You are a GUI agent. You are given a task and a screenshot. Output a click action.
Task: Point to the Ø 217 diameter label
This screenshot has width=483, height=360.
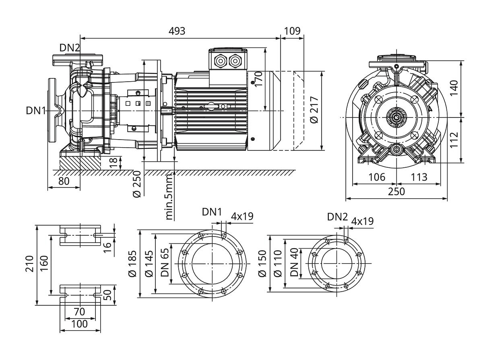point(314,110)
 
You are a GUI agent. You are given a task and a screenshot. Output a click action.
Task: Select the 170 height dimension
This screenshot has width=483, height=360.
point(258,79)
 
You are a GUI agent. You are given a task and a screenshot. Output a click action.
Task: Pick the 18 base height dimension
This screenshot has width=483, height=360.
point(114,163)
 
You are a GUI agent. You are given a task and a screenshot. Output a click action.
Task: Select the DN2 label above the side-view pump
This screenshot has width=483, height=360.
point(70,48)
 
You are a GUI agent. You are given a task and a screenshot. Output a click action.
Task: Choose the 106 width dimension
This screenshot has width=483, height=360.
point(377,177)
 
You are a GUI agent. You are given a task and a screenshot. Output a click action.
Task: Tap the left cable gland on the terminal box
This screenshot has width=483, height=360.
point(221,61)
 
